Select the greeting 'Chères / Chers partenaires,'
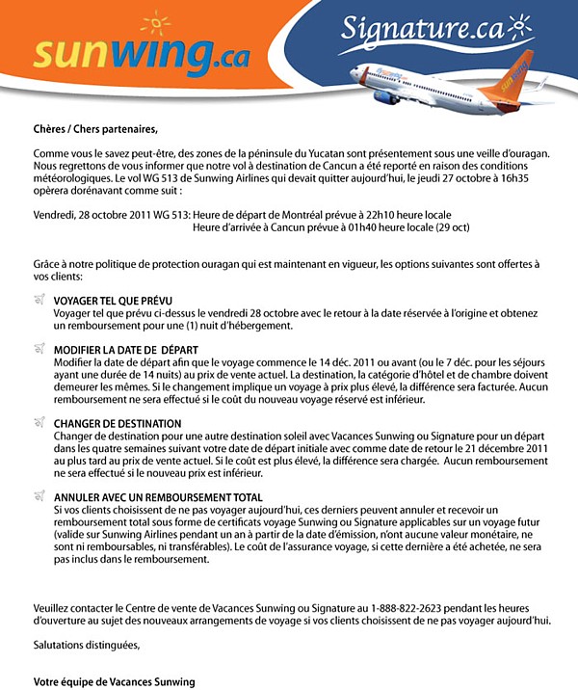pos(94,128)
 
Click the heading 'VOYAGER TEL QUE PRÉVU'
pos(113,301)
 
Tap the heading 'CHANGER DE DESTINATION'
pos(118,423)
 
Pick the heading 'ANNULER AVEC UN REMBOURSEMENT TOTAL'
pos(158,496)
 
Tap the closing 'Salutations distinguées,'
pos(87,645)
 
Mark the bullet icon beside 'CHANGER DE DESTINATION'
pos(39,422)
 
